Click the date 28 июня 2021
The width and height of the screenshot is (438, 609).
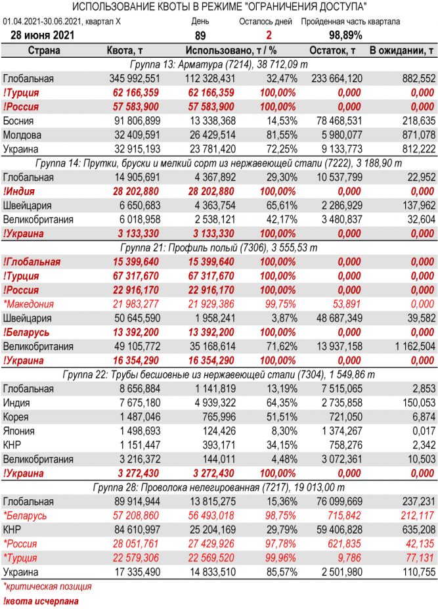[43, 35]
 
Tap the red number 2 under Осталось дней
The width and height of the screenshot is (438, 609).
[269, 35]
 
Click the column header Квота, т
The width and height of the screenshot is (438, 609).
[125, 51]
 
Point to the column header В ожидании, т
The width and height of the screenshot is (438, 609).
[402, 51]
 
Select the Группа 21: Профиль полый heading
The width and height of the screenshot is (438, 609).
[219, 247]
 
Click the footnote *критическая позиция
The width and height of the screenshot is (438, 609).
[47, 586]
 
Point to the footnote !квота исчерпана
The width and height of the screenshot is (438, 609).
[41, 600]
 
